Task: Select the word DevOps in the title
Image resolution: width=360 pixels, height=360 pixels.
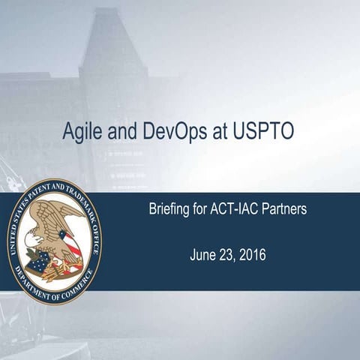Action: (177, 131)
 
